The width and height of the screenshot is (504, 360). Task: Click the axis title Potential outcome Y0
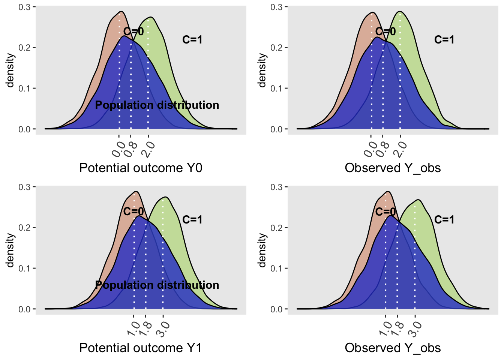tap(141, 168)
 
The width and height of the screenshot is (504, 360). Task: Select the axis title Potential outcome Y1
tap(141, 348)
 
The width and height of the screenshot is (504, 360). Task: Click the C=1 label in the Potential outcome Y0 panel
tap(192, 40)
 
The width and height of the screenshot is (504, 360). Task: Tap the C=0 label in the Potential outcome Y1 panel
tap(133, 211)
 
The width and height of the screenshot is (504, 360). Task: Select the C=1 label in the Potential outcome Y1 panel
tap(192, 220)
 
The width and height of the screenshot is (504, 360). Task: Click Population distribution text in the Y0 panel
tap(157, 105)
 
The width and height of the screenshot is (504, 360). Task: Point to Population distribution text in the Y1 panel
tap(157, 285)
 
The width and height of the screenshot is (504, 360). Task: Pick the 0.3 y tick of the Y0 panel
tap(25, 7)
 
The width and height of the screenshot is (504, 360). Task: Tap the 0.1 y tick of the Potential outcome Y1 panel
tap(25, 268)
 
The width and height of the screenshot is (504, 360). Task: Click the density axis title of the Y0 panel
tap(11, 70)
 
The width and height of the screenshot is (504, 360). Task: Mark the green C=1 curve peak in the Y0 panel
tap(151, 17)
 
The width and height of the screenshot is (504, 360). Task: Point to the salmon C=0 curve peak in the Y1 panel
tap(136, 192)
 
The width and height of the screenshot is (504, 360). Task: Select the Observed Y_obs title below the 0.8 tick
tap(393, 168)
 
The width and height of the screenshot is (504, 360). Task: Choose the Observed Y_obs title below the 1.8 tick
tap(393, 348)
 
